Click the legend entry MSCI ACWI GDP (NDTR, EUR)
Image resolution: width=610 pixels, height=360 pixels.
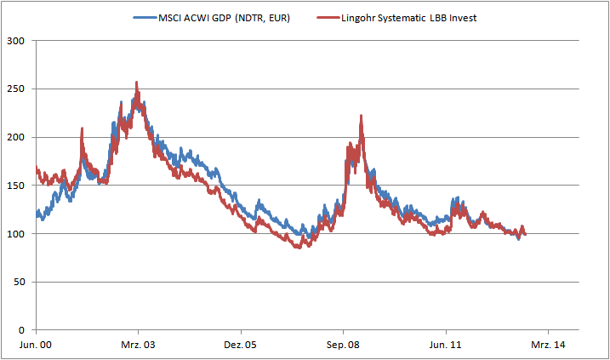225,19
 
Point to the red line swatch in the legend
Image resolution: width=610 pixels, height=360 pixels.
324,19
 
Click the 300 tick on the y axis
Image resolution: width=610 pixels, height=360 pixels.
14,41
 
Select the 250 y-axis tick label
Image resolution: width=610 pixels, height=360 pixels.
14,89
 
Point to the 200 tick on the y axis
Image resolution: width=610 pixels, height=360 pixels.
14,137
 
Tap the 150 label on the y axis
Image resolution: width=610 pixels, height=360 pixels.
14,186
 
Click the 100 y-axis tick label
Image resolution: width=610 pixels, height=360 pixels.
14,233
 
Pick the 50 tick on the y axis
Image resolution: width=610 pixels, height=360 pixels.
18,282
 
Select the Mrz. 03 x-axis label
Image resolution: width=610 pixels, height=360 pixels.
138,345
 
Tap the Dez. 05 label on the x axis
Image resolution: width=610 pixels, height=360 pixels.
241,345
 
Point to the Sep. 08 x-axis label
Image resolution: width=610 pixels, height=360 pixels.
343,345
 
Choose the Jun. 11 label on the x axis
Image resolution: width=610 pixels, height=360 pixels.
446,345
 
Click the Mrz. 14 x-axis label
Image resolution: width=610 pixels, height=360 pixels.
548,345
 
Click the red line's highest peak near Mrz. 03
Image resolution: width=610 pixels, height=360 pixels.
137,83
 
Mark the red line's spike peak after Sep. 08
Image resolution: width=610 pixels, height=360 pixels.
362,116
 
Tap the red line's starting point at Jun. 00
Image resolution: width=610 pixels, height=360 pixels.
37,168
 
